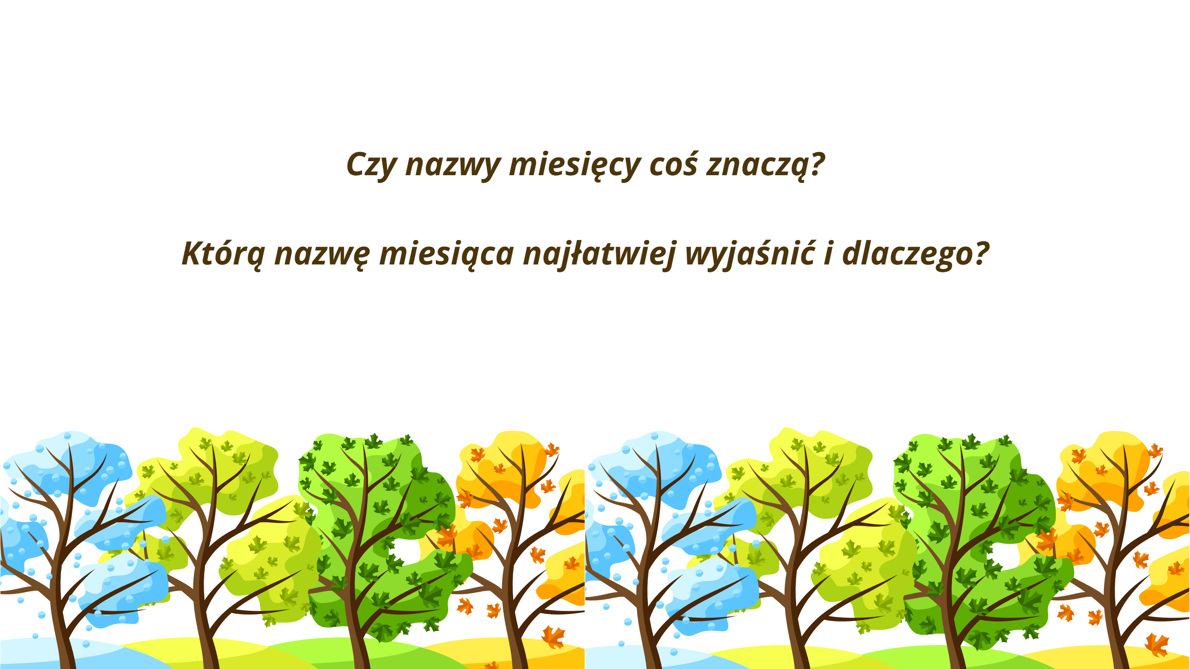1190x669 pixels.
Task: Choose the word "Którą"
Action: (x=224, y=254)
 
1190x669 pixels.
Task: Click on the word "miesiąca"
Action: (x=446, y=254)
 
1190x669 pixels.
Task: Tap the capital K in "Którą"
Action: (x=192, y=254)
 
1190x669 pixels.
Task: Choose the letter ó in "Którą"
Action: (x=228, y=253)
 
